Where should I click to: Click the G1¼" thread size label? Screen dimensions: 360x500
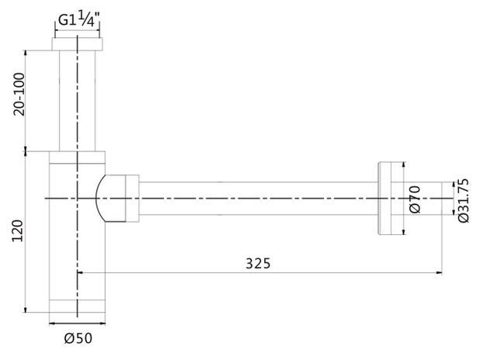(x=78, y=21)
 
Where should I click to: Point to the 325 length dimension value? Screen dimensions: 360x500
(x=259, y=263)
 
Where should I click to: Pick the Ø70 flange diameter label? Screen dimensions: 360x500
(x=414, y=199)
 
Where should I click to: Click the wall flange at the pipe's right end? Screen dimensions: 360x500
(x=391, y=199)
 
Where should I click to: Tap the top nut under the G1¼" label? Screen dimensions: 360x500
(x=78, y=43)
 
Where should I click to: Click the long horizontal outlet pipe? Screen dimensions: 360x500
(x=256, y=199)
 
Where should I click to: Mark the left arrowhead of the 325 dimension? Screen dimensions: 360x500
(x=81, y=272)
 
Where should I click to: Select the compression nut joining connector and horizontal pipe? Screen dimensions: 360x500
(x=133, y=199)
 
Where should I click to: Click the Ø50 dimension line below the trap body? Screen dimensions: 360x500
(x=78, y=322)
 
